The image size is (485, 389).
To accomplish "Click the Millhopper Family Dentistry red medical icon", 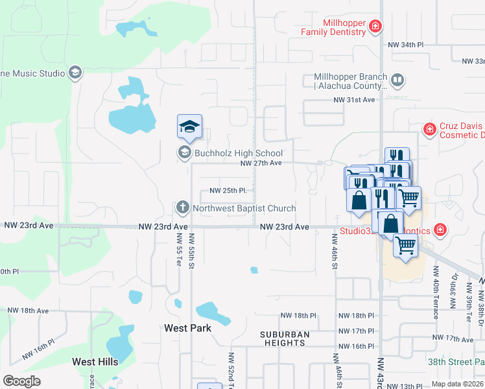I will pos(375,27).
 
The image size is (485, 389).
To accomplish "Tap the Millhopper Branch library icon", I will pos(397,81).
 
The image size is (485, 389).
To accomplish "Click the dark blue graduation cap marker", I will pos(189,126).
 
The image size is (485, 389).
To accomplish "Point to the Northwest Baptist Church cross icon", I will pos(183,208).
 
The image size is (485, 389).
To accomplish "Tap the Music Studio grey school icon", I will pos(75,73).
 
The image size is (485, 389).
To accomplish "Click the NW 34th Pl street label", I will pos(405,45).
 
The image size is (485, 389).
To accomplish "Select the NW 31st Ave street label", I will pos(354,100).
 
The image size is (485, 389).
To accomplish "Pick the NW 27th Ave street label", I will pos(261,163).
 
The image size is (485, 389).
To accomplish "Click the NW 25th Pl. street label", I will pos(228,191).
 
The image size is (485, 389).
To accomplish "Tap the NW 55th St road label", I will pos(191,253).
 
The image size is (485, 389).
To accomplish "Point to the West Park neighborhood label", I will pos(187,328).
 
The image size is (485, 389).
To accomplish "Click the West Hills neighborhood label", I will pos(95,362).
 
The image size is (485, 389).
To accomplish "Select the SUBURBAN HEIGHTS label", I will pos(285,339).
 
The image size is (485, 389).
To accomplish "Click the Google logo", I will pos(21,381).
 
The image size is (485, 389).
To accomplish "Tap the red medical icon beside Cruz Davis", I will pos(429,130).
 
